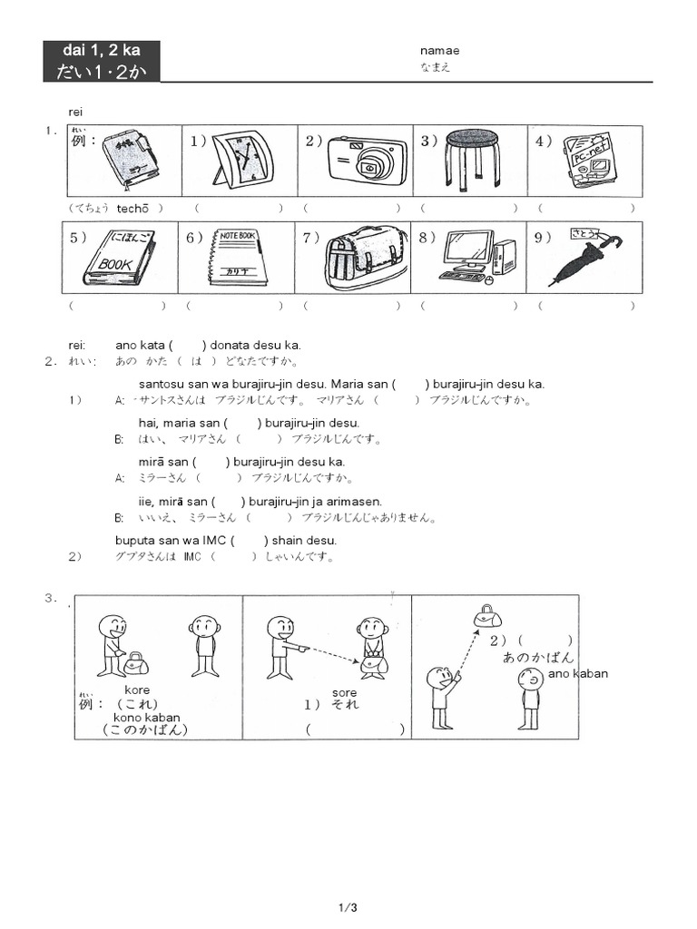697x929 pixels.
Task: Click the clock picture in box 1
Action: tap(241, 159)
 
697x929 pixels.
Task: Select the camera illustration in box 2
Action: tap(367, 161)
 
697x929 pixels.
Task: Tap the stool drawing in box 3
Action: tap(472, 160)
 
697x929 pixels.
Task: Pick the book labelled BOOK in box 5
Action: tap(120, 258)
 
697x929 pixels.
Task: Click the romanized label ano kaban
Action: tap(578, 673)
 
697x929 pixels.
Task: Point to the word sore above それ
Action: tap(344, 691)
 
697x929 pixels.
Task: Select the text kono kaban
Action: tap(146, 718)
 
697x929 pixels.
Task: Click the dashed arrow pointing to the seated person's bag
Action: tap(332, 656)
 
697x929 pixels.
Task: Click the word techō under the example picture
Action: tap(132, 208)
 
